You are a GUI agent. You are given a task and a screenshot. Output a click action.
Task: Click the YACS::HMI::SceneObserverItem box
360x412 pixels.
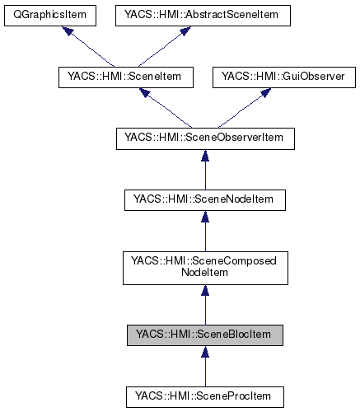coord(204,138)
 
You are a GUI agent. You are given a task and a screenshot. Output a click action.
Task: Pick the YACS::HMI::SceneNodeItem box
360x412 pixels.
coord(204,199)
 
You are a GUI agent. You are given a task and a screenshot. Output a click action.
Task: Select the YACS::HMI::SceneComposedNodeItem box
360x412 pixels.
coord(204,266)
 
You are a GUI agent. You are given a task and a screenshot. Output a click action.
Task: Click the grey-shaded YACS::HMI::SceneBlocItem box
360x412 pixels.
coord(204,335)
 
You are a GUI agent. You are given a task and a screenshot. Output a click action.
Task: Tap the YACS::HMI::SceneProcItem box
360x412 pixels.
coord(204,396)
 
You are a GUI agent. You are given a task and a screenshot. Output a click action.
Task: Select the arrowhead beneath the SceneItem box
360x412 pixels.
coord(146,93)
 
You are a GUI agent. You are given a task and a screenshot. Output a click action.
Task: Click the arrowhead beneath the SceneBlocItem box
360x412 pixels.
coord(204,352)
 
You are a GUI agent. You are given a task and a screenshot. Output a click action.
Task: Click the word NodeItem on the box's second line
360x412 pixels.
coord(204,273)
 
